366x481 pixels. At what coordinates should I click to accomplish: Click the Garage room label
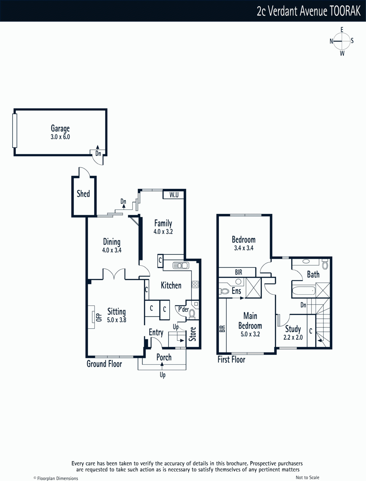pyautogui.click(x=60, y=128)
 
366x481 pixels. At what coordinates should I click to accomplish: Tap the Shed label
pyautogui.click(x=83, y=194)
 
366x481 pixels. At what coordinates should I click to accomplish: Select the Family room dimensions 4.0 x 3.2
pyautogui.click(x=163, y=231)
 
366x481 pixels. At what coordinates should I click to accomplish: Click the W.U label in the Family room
pyautogui.click(x=174, y=195)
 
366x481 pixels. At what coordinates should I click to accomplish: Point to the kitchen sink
pyautogui.click(x=181, y=265)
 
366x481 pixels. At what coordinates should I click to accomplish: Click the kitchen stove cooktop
pyautogui.click(x=195, y=284)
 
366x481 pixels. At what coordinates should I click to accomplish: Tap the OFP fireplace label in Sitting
pyautogui.click(x=99, y=317)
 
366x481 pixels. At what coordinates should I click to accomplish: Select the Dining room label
pyautogui.click(x=112, y=242)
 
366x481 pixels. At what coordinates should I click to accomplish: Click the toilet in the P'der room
pyautogui.click(x=192, y=313)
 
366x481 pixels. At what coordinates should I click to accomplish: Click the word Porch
pyautogui.click(x=164, y=357)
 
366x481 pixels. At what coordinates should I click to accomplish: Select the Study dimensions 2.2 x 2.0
pyautogui.click(x=293, y=338)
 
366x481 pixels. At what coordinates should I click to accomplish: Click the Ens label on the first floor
pyautogui.click(x=236, y=291)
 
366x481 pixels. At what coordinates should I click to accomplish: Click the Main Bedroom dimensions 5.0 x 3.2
pyautogui.click(x=250, y=334)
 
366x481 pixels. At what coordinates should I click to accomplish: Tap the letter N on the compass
pyautogui.click(x=331, y=41)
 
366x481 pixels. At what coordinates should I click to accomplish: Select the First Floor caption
pyautogui.click(x=231, y=360)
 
